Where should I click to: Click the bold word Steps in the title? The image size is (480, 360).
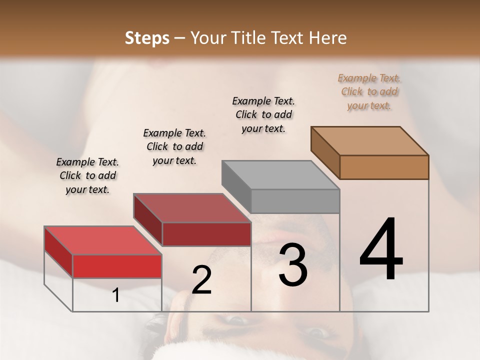(x=147, y=38)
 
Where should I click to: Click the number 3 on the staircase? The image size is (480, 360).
(x=293, y=265)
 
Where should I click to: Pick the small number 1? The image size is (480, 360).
(x=116, y=295)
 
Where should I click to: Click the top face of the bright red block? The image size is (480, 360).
(x=103, y=240)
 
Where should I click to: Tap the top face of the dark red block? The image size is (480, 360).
(x=192, y=208)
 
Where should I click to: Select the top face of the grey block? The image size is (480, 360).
(x=280, y=175)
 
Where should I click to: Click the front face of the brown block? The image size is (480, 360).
(x=384, y=167)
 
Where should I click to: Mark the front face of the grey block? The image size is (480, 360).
(x=295, y=201)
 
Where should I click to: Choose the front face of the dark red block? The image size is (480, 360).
(x=206, y=234)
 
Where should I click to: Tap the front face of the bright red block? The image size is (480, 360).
(x=117, y=266)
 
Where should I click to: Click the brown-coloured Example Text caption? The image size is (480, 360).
(x=369, y=91)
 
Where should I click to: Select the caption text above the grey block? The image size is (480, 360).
(x=263, y=114)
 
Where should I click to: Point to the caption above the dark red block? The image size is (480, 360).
(x=174, y=146)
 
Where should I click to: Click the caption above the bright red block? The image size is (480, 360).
(x=87, y=175)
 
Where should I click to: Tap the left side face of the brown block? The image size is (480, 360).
(x=325, y=152)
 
